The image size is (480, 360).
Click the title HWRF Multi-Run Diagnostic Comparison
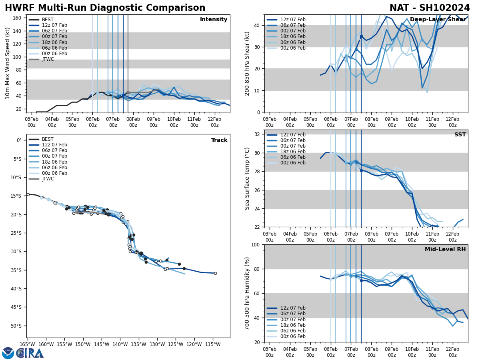pos(105,8)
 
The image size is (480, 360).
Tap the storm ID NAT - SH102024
pos(430,8)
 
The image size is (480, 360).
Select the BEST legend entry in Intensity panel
pos(48,20)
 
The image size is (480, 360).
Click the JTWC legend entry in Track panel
pos(48,179)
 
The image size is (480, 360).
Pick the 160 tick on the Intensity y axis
pos(18,18)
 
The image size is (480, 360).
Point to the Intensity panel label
pos(214,20)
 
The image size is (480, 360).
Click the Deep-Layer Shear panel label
pos(438,20)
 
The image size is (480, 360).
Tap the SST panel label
pos(460,135)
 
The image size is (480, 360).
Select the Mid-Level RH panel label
pos(445,250)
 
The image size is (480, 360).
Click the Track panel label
pos(219,140)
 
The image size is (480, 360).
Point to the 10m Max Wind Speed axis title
pos(8,63)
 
